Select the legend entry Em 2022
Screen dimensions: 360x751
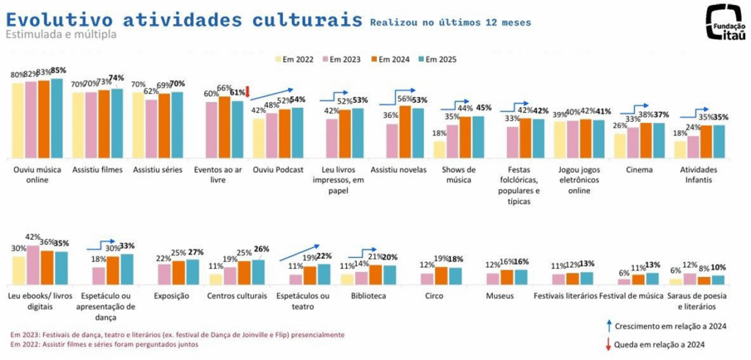pos(296,59)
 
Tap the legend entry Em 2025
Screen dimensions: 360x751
pos(439,59)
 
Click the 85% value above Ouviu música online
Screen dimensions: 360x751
pos(59,70)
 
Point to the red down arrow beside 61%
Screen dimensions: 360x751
pos(248,91)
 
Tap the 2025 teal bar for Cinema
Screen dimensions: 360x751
pos(659,140)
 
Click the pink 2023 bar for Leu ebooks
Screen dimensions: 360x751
pos(32,265)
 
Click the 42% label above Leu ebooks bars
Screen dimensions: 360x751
pos(32,237)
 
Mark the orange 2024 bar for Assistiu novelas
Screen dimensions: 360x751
pos(404,131)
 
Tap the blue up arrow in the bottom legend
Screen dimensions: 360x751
pos(609,326)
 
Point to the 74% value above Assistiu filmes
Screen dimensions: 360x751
pos(116,78)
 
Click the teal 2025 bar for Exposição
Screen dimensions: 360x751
pos(192,271)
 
